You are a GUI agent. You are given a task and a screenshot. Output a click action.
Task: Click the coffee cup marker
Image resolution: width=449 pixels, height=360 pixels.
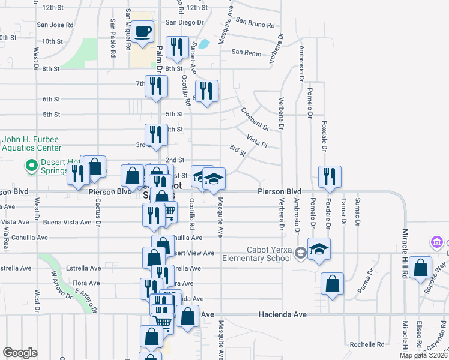[142, 32]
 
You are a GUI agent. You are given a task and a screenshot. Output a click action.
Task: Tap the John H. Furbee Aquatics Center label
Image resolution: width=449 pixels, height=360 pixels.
[32, 143]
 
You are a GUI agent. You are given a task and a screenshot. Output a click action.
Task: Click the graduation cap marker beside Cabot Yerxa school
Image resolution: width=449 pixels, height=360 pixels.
[319, 250]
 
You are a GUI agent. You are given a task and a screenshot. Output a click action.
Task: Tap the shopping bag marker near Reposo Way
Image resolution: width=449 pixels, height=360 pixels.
[422, 269]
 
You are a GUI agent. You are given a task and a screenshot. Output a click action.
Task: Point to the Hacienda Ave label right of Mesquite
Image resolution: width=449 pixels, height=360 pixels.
[283, 314]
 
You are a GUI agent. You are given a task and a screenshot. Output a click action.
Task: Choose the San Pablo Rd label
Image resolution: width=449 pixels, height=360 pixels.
[113, 38]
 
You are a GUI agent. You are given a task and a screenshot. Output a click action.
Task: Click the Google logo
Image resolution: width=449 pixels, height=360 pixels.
[20, 352]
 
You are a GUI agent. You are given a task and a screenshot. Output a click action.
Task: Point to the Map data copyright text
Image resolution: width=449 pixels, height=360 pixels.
[423, 355]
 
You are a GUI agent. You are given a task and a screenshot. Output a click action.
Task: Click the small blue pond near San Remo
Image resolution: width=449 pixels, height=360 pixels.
[204, 44]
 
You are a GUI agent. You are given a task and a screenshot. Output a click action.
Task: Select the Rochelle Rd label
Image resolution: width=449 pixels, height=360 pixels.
[367, 344]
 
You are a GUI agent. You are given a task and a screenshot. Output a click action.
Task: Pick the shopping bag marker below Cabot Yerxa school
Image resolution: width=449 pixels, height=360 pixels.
[332, 284]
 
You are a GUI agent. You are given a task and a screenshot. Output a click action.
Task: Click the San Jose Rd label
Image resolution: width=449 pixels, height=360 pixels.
[55, 25]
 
